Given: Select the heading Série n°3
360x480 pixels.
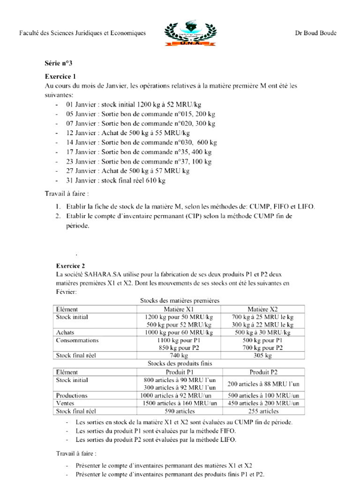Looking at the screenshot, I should (59, 63).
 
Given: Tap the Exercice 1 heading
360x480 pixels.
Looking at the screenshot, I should (60, 76).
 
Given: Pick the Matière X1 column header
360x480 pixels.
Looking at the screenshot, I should (178, 309).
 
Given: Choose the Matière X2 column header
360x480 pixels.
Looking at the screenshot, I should (262, 309).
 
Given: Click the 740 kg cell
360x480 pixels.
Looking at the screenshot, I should (178, 356).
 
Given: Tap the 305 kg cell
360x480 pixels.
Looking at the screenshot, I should (262, 356).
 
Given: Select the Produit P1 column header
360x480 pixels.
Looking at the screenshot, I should (178, 372).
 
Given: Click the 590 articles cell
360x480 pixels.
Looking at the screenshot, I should (178, 411).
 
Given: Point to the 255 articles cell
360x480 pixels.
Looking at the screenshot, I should (262, 411).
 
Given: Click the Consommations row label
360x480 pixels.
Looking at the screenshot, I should (77, 340).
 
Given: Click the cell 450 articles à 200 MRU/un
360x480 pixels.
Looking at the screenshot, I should (262, 403).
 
